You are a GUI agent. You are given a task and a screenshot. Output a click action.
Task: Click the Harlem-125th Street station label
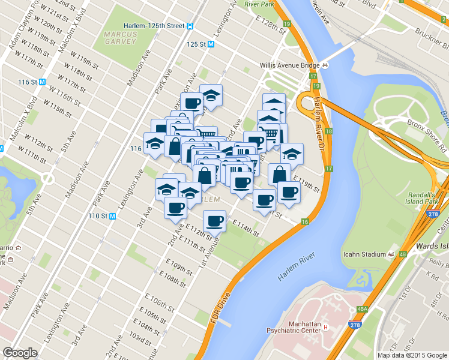click(154, 26)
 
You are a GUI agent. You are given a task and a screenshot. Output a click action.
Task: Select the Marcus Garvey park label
click(120, 39)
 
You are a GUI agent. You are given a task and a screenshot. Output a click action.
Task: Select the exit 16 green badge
click(305, 222)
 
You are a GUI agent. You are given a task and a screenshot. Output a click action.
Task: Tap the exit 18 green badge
click(328, 131)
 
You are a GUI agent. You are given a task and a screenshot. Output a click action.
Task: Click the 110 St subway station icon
click(112, 216)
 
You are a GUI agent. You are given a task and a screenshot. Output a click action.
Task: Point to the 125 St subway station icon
click(211, 44)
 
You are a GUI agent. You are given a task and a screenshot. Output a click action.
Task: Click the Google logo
click(20, 353)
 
